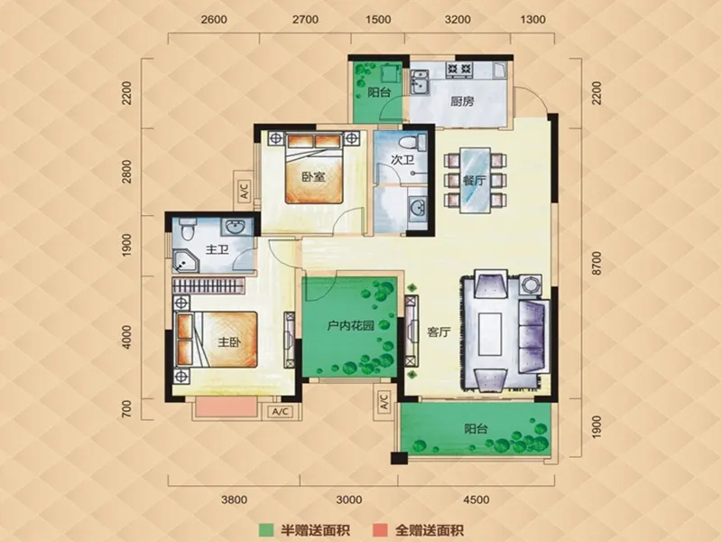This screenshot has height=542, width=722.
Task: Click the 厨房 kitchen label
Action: (462, 101)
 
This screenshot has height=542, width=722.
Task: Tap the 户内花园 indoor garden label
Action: (350, 326)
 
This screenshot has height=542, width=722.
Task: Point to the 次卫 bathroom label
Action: (402, 160)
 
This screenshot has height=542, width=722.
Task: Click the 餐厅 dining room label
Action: (475, 180)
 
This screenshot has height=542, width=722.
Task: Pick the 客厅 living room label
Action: (439, 332)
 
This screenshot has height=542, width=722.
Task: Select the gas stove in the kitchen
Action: (459, 70)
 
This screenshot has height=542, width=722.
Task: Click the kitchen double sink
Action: (420, 81)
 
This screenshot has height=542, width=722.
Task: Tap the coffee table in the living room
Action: (489, 333)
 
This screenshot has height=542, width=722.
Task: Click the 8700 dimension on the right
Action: (597, 264)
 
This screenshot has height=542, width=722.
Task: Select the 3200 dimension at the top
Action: (458, 19)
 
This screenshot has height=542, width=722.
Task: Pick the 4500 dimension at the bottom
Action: (477, 500)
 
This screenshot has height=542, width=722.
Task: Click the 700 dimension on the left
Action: (126, 409)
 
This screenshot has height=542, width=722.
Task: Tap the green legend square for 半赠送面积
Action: (264, 530)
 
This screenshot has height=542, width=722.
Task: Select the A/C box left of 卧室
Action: (244, 191)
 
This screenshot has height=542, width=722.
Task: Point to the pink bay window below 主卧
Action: (227, 407)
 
